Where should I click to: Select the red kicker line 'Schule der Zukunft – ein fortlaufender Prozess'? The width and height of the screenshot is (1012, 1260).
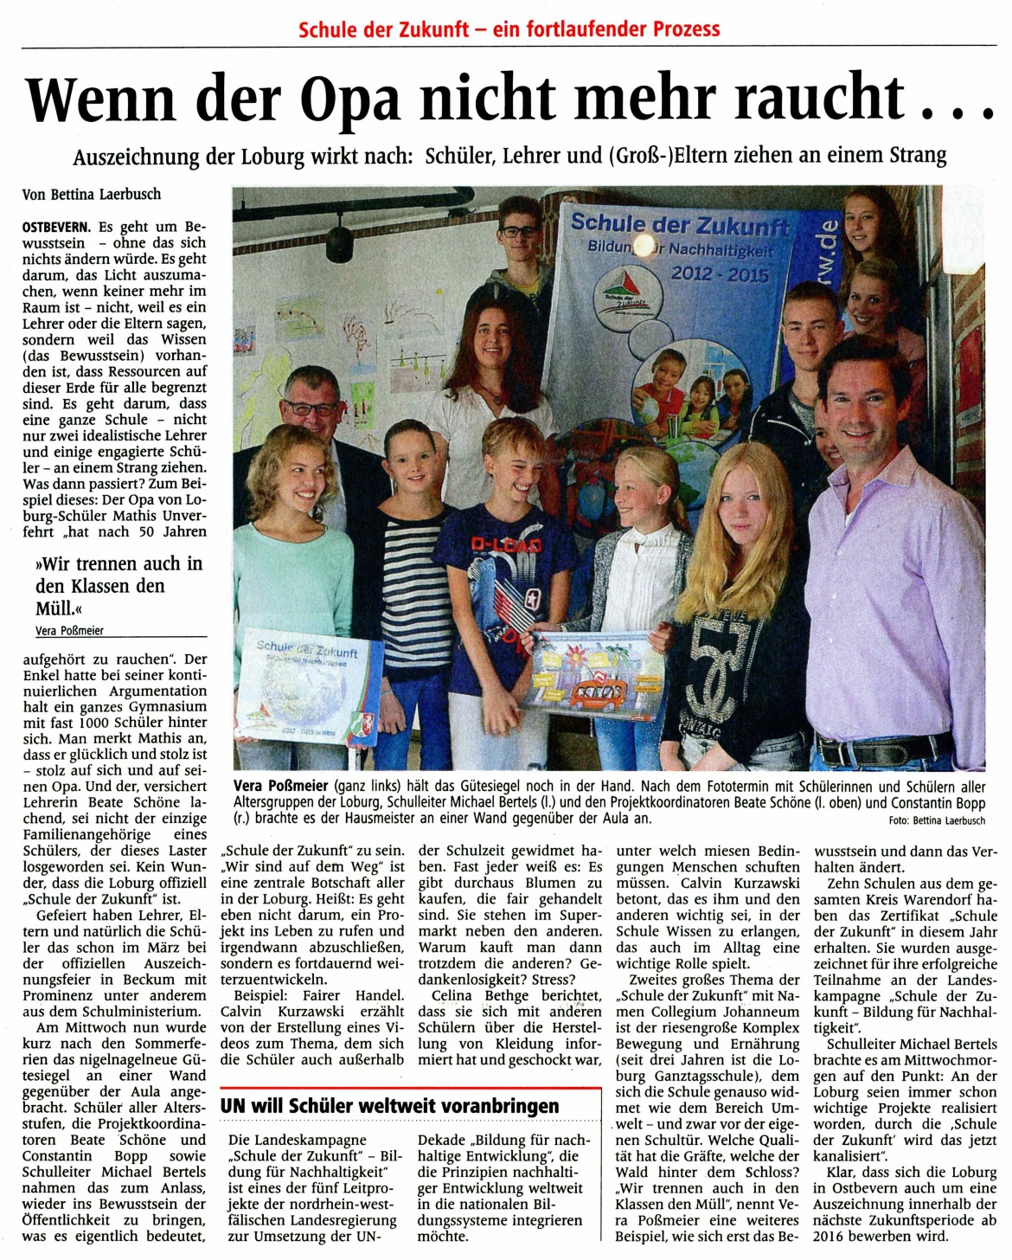pyautogui.click(x=509, y=29)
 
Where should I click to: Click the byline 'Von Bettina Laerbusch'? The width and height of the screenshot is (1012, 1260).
pyautogui.click(x=91, y=195)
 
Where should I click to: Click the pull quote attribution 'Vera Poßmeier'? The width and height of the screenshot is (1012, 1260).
pyautogui.click(x=69, y=631)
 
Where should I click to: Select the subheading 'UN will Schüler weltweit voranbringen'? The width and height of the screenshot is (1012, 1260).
pyautogui.click(x=389, y=1105)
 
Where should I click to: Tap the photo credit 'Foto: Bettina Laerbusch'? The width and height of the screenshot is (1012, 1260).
pyautogui.click(x=937, y=820)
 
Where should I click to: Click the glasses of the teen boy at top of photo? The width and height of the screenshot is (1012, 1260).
pyautogui.click(x=519, y=231)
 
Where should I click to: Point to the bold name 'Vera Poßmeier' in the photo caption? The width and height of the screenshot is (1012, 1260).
pyautogui.click(x=281, y=786)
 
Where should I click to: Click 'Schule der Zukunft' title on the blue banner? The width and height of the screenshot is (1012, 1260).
pyautogui.click(x=680, y=223)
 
